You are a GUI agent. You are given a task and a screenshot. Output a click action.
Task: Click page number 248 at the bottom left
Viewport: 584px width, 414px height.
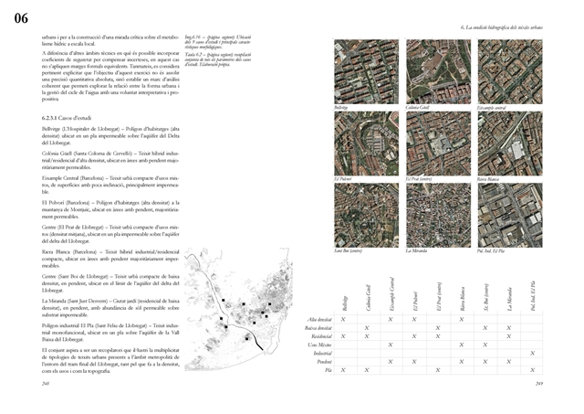click(x=47, y=384)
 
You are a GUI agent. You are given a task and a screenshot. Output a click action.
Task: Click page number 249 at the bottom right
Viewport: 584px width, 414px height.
click(x=539, y=384)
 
